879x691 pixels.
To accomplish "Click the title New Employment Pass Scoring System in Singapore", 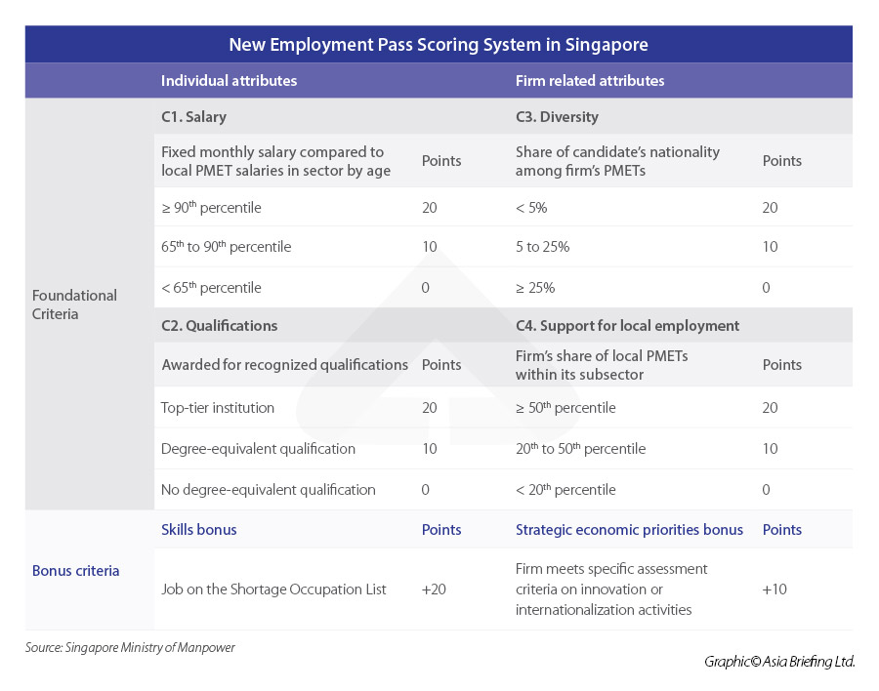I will point(439,45).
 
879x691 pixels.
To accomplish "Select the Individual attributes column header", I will point(229,81).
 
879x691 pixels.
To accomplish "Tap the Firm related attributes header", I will point(590,81).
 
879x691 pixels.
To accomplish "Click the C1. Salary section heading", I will point(193,117).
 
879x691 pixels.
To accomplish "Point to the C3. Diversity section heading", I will point(557,117).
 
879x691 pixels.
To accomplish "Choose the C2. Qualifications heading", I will point(219,326).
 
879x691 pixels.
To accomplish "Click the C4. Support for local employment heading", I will point(627,326).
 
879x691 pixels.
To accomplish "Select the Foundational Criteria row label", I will point(74,305).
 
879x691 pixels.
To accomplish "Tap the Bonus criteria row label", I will point(76,570).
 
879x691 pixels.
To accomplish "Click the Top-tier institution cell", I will point(218,408).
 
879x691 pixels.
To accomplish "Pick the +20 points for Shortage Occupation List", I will point(434,589).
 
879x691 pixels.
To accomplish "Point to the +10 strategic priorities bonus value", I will point(774,589).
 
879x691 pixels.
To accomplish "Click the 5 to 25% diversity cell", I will point(542,247).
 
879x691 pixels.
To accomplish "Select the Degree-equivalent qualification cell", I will point(258,449).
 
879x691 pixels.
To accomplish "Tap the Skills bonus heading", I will point(199,530).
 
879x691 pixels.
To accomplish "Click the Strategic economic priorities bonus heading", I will point(629,530).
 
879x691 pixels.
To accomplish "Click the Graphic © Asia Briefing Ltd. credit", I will point(779,662).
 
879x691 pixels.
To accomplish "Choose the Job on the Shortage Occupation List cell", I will point(274,589).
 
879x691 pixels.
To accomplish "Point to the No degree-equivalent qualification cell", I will point(269,490).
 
